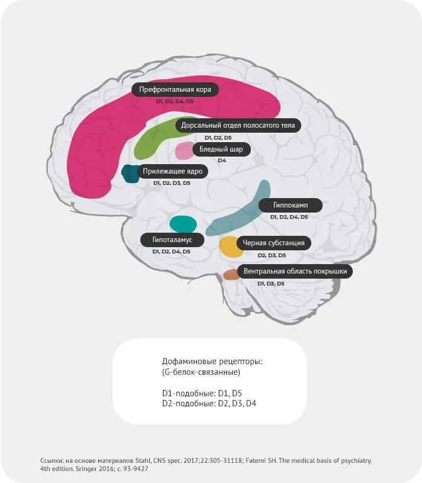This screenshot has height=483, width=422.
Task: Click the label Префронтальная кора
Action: point(175,90)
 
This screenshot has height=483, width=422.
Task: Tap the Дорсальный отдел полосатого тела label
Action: point(237,125)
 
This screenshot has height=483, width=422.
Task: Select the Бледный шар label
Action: point(221,149)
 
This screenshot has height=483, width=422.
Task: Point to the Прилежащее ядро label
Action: point(172,170)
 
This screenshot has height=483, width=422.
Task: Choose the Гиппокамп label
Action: point(290,205)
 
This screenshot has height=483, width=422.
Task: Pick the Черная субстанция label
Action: point(273,243)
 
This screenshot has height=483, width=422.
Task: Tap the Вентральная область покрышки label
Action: point(294,272)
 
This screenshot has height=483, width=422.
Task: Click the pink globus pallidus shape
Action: point(184,151)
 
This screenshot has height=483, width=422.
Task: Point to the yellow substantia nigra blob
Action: point(230,247)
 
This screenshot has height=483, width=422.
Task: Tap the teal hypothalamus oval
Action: point(183,224)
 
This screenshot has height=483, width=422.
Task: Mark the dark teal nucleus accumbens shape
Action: point(130,174)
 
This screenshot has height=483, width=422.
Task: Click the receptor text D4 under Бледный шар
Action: point(221,160)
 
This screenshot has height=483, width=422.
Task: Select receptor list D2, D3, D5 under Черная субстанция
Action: point(272,255)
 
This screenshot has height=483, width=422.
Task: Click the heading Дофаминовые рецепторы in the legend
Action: point(211,362)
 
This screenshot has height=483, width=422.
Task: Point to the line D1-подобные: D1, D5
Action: point(201,393)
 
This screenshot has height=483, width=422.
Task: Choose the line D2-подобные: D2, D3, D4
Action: point(209,402)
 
